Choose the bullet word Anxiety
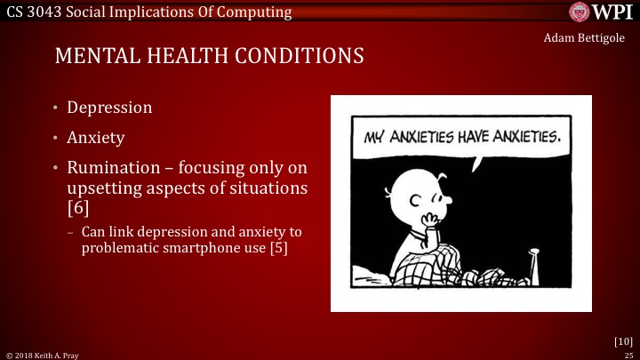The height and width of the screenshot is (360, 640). [x=96, y=139]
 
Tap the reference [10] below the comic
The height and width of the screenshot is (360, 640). [x=623, y=340]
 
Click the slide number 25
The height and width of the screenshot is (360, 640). [x=628, y=354]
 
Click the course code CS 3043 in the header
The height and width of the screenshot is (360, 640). [x=33, y=11]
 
